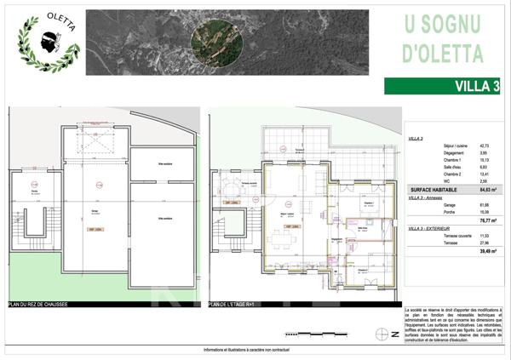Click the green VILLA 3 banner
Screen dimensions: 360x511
442,85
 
